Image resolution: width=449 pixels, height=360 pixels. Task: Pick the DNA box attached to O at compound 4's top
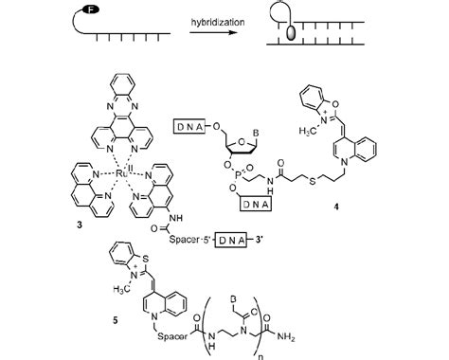coord(188,124)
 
